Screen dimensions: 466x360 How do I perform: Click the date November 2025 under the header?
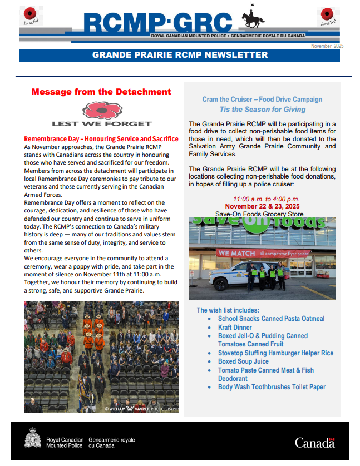[x=327, y=46]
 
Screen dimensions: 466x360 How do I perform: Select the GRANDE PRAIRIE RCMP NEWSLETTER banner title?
[x=180, y=55]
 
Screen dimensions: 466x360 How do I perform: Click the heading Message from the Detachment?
[x=101, y=92]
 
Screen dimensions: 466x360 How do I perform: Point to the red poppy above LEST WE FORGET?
[x=102, y=110]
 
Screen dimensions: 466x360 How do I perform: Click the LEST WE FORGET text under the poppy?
[x=102, y=123]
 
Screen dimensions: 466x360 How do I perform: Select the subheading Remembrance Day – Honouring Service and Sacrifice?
[x=101, y=139]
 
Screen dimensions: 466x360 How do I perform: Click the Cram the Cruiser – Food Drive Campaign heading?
[x=262, y=100]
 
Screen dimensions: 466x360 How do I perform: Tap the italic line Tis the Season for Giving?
[x=262, y=110]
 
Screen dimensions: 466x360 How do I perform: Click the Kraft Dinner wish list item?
[x=235, y=328]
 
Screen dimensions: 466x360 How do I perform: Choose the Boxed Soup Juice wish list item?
[x=243, y=361]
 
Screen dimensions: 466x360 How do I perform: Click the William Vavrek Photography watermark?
[x=142, y=409]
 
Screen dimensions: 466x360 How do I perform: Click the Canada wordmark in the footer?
[x=315, y=443]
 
